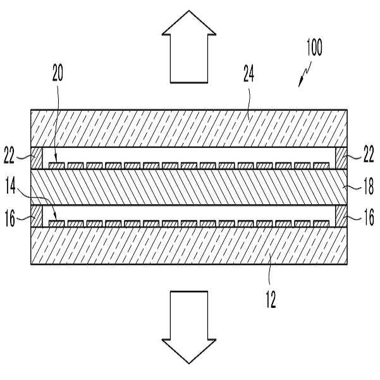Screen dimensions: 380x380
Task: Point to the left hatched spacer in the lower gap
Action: click(x=37, y=216)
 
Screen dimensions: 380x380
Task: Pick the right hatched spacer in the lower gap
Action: click(x=341, y=216)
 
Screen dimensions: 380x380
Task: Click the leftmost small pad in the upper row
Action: click(x=58, y=166)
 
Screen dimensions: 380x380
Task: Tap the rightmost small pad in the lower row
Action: click(x=321, y=224)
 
